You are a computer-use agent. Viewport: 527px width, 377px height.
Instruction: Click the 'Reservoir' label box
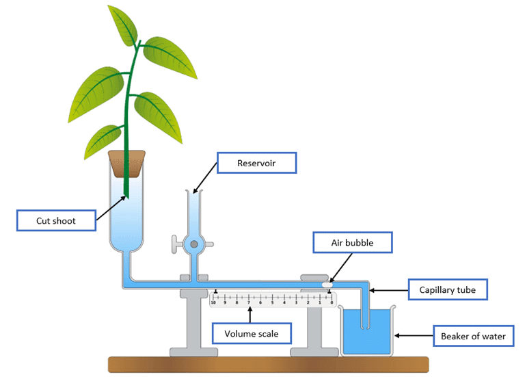tap(256, 163)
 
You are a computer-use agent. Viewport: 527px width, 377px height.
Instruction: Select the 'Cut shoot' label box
tap(56, 221)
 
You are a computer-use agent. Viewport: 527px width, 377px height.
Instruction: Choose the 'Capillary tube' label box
tap(447, 290)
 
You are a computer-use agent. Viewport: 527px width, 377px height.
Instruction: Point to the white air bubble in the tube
tap(327, 283)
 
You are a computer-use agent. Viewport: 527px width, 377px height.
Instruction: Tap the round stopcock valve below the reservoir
tap(194, 243)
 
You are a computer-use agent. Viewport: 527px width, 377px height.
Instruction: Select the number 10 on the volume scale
tap(214, 301)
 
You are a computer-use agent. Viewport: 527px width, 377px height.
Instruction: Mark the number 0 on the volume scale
tap(332, 301)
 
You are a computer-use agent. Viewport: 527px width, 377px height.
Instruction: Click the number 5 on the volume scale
tap(273, 301)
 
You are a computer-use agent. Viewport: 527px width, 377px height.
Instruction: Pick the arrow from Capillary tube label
tap(390, 290)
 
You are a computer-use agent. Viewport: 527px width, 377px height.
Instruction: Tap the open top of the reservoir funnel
tap(194, 193)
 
